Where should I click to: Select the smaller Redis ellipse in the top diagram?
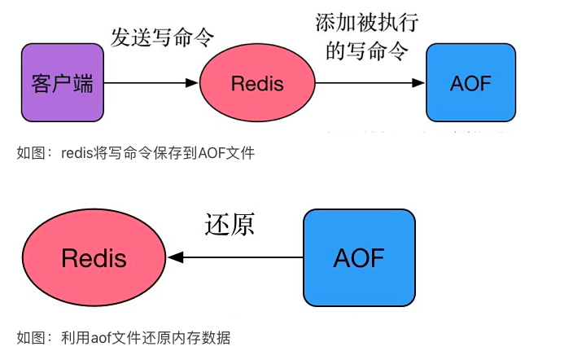tap(257, 83)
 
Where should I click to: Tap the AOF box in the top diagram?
tap(470, 83)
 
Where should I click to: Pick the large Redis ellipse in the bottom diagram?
tap(94, 258)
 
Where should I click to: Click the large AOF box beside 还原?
tap(359, 258)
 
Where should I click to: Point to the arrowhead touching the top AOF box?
tap(420, 83)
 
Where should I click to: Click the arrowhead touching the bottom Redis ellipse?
tap(174, 258)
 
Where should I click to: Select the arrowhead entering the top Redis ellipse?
tap(193, 83)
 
